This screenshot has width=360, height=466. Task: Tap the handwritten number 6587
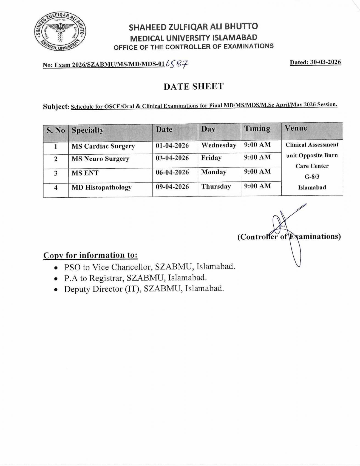[x=177, y=64]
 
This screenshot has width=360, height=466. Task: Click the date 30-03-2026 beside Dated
[x=325, y=62]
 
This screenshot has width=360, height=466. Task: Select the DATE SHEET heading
[x=194, y=86]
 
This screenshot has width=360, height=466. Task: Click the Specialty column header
[x=88, y=130]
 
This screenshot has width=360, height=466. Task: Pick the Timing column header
[x=257, y=129]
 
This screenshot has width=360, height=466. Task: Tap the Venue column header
[x=296, y=128]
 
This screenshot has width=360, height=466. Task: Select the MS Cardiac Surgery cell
[x=103, y=146]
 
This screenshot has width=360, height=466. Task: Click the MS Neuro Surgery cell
[x=100, y=159]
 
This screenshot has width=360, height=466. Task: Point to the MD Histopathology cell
[x=102, y=187]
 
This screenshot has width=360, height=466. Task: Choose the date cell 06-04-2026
[x=172, y=172]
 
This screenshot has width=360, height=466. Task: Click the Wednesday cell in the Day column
[x=219, y=145]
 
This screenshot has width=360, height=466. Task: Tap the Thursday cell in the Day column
[x=216, y=187]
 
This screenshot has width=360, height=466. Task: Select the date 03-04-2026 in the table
[x=172, y=158]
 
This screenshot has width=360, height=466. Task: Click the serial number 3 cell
[x=56, y=173]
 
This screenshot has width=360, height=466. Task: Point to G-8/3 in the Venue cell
[x=312, y=177]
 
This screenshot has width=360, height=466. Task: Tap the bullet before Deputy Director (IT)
[x=56, y=289]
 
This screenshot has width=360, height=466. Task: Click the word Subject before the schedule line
[x=55, y=106]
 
